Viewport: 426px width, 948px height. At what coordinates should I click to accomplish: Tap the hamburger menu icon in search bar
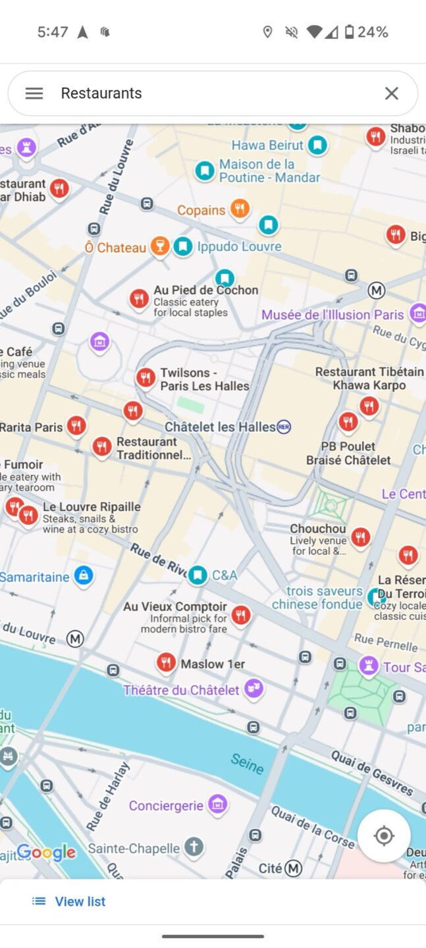coord(34,93)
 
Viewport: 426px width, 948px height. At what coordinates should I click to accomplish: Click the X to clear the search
coord(392,93)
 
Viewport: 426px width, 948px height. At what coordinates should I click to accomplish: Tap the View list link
coord(69,901)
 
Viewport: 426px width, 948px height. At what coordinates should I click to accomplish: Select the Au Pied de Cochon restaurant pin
coord(138,299)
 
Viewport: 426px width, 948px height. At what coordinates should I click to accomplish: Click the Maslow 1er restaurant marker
coord(166,662)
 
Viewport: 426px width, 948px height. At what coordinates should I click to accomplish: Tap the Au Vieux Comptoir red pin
coord(241,615)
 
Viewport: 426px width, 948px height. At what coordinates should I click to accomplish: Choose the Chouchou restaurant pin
coord(360,537)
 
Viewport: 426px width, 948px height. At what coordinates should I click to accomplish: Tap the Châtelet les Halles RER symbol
coord(284,427)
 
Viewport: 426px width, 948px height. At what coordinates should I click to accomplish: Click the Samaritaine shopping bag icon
coord(83,575)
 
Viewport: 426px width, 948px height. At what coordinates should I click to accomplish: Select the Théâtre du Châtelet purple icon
coord(253,689)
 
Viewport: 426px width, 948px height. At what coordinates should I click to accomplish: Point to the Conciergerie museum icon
coord(217,804)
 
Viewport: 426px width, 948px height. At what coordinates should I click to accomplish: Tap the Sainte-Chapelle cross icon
coord(194,847)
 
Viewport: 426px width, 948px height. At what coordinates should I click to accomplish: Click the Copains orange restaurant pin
coord(240,209)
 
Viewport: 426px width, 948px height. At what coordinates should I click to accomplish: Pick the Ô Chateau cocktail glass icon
coord(159,246)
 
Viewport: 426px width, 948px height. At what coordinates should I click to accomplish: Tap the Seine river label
coord(248,764)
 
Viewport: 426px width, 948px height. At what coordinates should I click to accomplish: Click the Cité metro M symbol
coord(293,868)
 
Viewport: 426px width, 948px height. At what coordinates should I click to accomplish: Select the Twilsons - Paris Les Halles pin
coord(146,378)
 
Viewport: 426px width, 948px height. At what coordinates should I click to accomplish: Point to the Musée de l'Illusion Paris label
coord(333,315)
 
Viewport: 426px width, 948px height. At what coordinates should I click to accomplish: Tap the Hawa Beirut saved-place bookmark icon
coord(318,144)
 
